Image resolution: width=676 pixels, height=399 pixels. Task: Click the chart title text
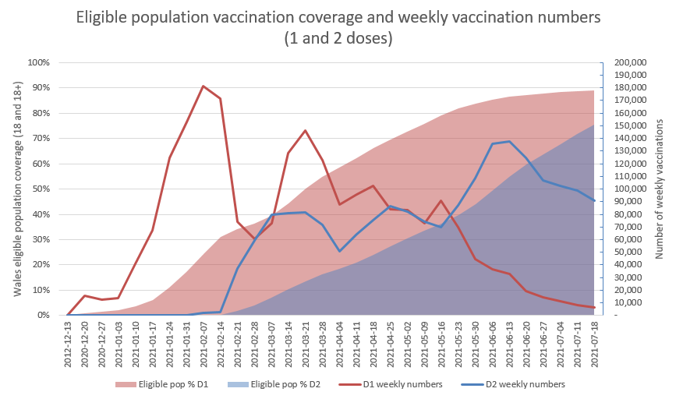pos(338,28)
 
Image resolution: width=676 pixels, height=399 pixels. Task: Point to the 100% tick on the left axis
pos(39,62)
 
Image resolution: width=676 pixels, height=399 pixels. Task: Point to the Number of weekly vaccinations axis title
pos(660,189)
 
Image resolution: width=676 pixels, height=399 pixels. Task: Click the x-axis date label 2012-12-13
pos(68,343)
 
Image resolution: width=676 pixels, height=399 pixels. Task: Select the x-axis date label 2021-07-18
pos(594,343)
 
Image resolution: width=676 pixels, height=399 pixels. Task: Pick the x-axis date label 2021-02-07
pos(204,343)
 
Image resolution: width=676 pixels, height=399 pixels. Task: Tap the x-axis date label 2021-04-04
pos(339,343)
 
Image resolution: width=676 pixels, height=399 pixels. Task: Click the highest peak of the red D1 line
pos(204,86)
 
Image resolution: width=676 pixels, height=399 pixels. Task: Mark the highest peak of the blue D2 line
pos(509,141)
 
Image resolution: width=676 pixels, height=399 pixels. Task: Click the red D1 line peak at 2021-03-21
pos(305,130)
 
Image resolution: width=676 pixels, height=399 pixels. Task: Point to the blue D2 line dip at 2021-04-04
pos(339,251)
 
